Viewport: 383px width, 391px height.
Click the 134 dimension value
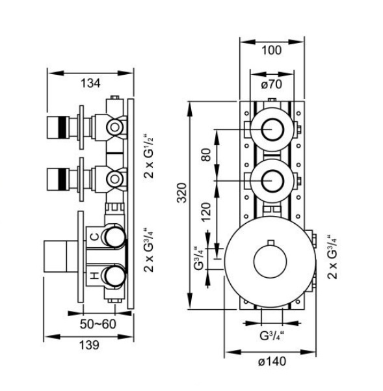tap(90, 83)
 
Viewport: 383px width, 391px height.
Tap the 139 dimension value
tap(89, 345)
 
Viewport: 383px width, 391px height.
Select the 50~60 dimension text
tap(98, 324)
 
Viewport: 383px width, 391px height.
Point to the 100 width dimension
tap(272, 50)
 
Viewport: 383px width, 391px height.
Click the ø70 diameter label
tap(272, 85)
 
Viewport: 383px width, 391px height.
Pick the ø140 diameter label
tap(272, 361)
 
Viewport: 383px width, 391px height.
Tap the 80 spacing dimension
tap(206, 155)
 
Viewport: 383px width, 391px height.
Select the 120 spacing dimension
tap(206, 212)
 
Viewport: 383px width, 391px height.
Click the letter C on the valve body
tap(94, 236)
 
